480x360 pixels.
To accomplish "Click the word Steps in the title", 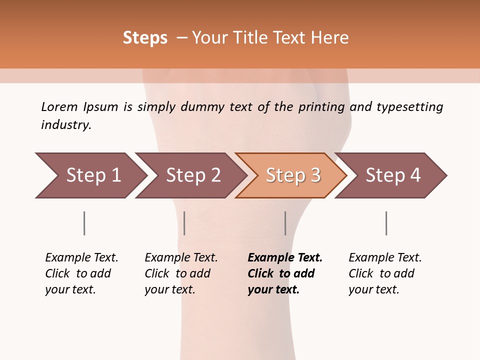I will click(x=145, y=38).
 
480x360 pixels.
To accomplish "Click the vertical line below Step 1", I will click(x=84, y=223).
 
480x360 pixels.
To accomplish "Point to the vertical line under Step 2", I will click(x=184, y=223).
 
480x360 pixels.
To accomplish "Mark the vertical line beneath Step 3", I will click(x=285, y=223).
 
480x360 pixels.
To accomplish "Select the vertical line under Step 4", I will click(x=386, y=223).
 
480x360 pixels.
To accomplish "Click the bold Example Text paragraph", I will click(x=284, y=273).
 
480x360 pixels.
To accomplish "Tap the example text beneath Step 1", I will click(x=81, y=273).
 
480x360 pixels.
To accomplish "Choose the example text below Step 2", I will click(x=180, y=273).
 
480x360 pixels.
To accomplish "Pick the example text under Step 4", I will click(x=384, y=273).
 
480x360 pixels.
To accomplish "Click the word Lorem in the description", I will click(x=59, y=107).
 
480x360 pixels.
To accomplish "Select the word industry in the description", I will click(x=65, y=125).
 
